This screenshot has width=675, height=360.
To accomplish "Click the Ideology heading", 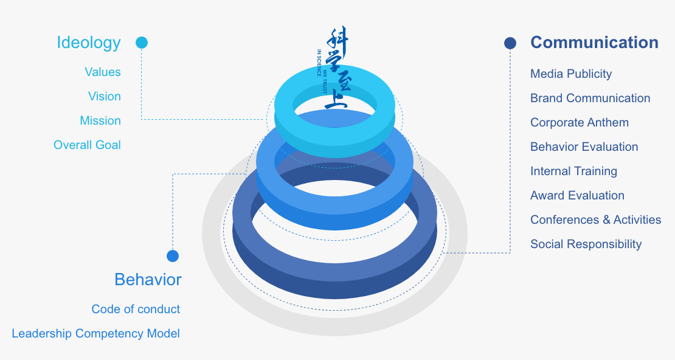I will point(89,43).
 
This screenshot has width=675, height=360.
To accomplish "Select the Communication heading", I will point(594,43).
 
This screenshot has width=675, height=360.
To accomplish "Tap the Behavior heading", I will point(148,280).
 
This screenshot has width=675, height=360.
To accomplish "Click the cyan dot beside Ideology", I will point(142,43).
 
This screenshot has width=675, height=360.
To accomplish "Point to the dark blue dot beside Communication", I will point(510,43).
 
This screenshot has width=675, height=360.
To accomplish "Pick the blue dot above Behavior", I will point(173,256).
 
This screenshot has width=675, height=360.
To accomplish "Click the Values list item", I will point(103,72).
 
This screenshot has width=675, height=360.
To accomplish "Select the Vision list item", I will point(104,96).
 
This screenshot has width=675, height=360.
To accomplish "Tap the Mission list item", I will point(100,120).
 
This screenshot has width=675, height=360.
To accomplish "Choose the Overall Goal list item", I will point(87,145).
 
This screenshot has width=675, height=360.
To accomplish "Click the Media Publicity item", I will point(571,74).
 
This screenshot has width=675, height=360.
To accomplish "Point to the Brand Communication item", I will point(590,98).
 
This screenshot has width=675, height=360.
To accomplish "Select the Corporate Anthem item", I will point(580,122).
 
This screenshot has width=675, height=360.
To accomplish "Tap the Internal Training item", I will point(573,171).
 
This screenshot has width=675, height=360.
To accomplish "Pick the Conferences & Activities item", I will point(595,220).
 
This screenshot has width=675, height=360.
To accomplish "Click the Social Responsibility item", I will point(586,244).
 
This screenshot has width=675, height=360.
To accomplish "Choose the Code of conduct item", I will point(136,309).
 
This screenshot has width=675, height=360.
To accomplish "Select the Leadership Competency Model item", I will point(95,333).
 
